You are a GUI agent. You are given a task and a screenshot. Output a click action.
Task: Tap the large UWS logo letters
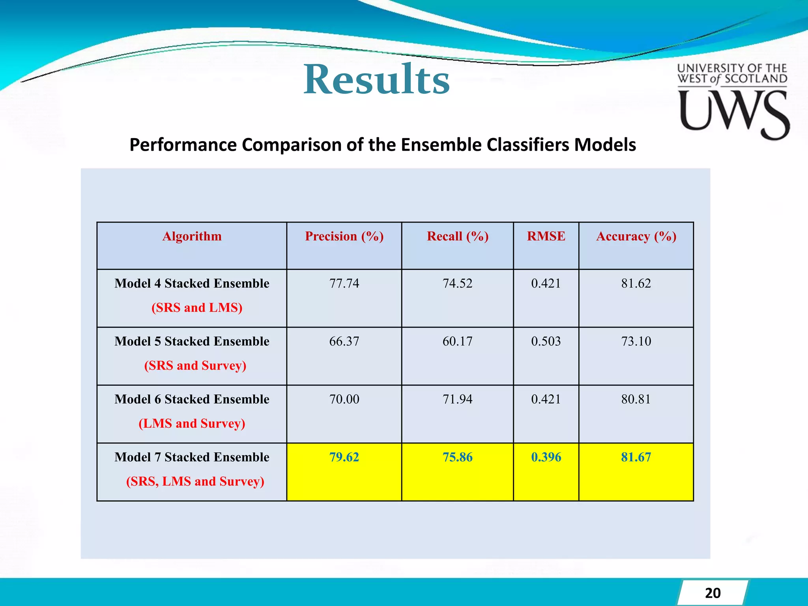734,113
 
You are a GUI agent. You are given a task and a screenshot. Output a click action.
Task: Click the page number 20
713,593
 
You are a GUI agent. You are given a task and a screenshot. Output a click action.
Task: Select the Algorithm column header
192,236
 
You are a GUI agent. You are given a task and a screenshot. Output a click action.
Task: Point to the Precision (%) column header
344,236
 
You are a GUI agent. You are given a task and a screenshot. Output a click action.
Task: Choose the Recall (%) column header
458,236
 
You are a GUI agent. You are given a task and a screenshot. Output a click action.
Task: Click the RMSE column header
546,236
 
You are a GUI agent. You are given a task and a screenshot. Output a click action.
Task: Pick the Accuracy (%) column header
636,236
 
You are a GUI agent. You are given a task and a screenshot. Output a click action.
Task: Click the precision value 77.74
344,283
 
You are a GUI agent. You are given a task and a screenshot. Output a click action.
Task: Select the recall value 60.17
458,341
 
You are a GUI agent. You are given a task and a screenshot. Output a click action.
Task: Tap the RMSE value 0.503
546,341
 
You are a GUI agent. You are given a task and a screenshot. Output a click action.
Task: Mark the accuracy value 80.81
636,399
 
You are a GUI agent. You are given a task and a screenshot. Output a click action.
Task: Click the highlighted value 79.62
344,457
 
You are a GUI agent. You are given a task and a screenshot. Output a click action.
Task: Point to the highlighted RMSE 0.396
546,457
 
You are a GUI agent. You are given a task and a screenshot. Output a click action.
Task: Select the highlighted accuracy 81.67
636,457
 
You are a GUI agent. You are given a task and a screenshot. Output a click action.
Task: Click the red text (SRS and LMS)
197,308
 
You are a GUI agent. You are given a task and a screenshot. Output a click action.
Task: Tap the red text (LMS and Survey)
192,424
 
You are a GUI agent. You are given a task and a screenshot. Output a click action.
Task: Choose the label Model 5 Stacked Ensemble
192,341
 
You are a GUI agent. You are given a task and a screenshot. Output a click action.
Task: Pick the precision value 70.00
344,399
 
